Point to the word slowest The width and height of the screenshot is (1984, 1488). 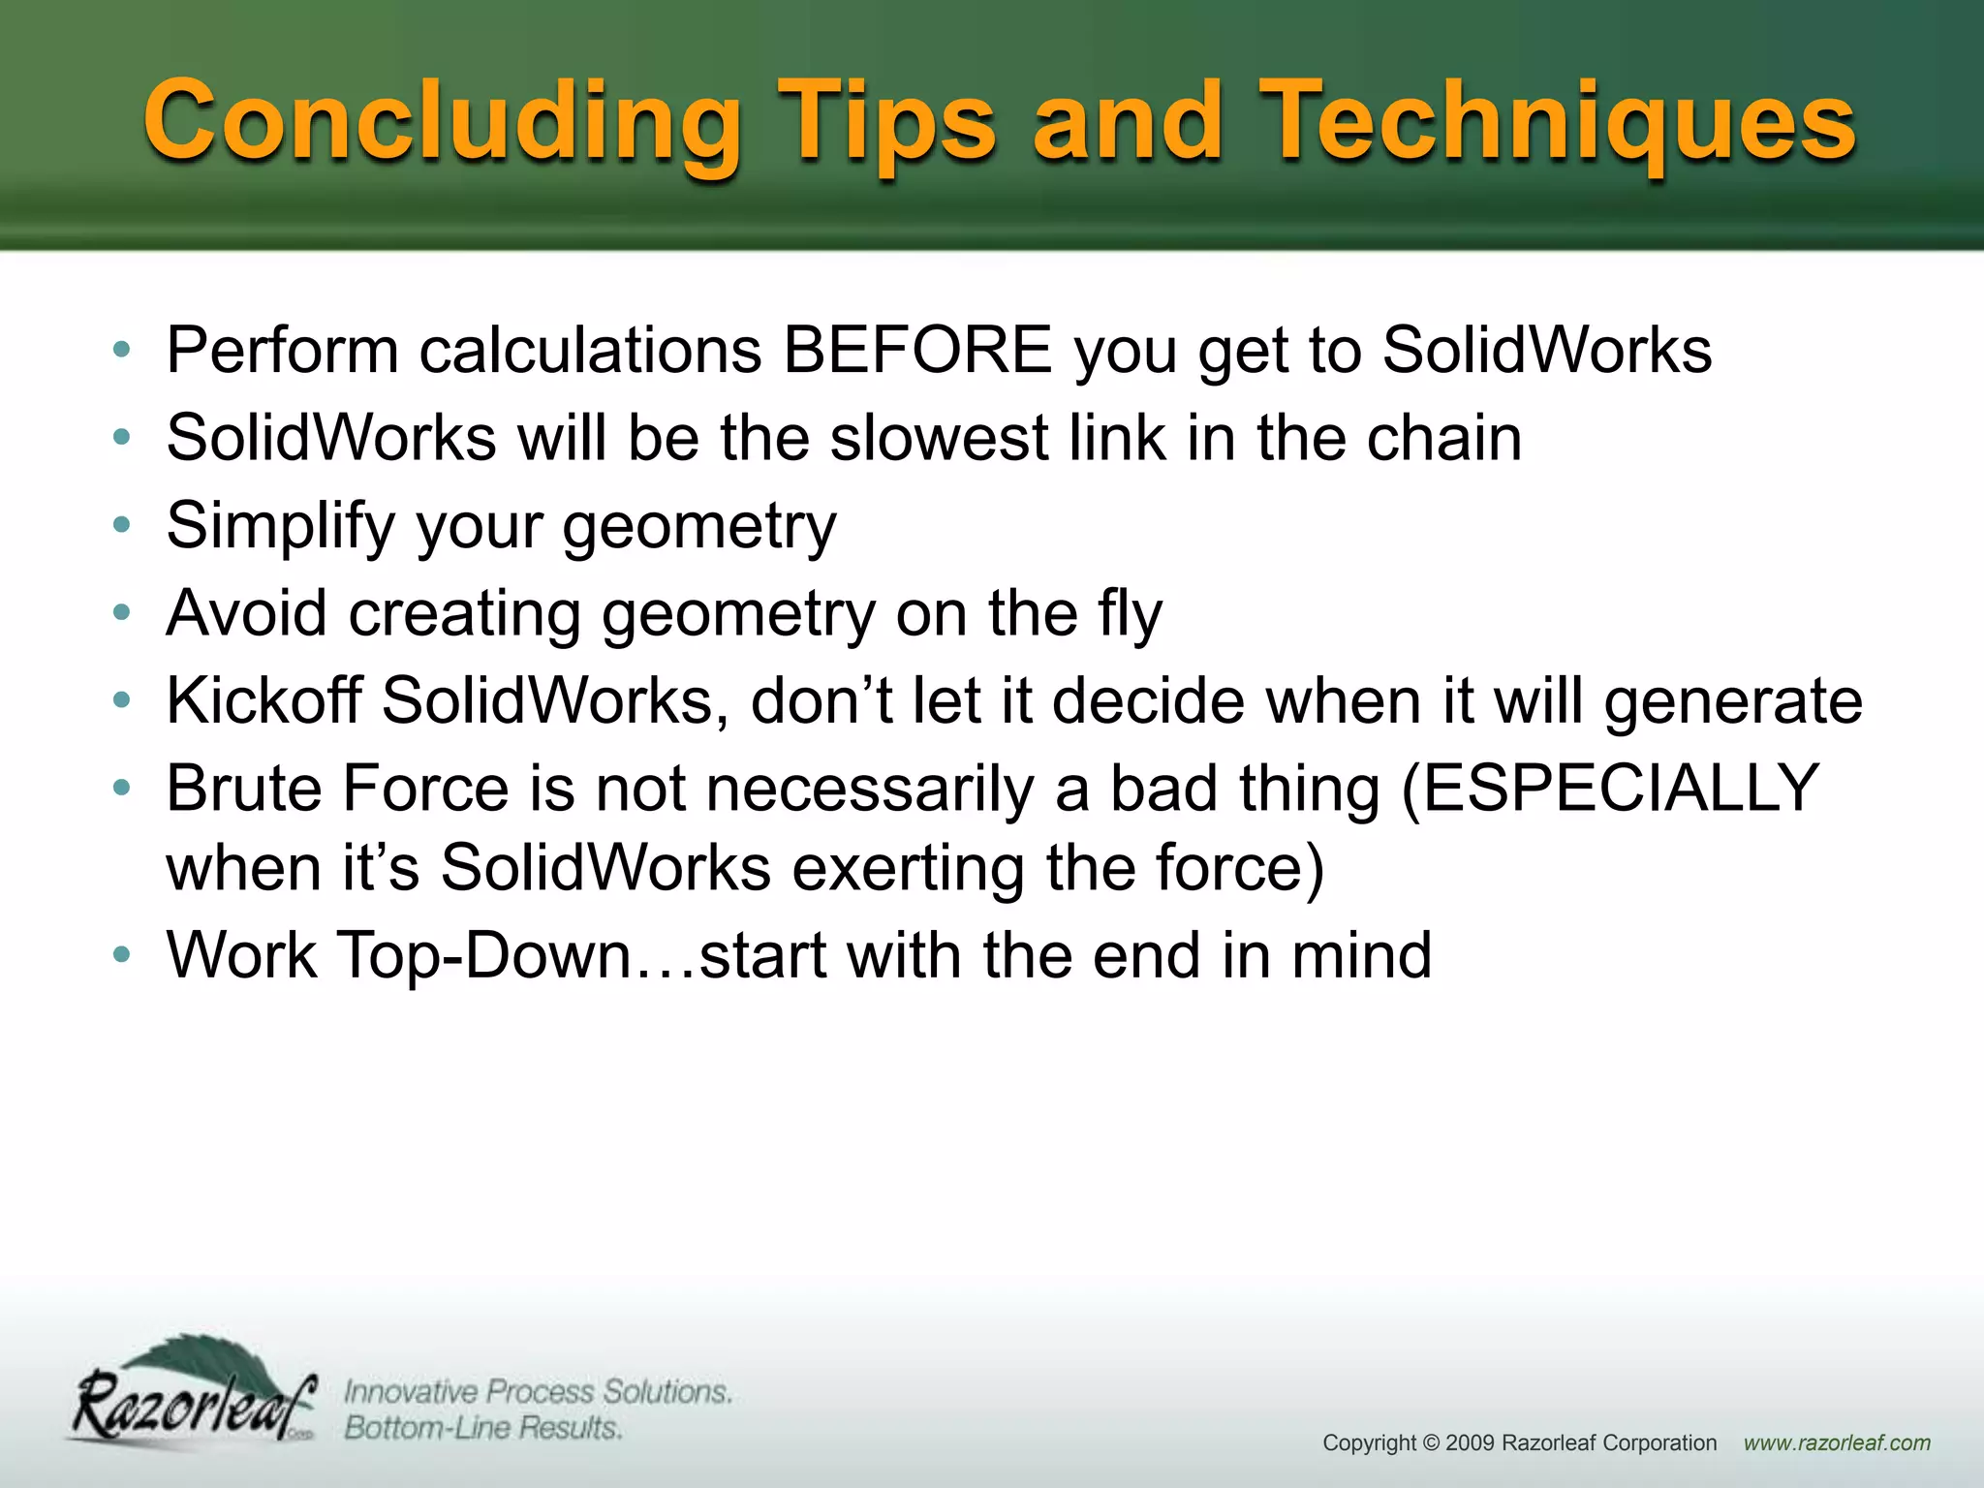point(939,438)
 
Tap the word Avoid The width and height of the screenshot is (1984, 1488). point(247,613)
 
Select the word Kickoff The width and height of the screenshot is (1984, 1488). point(263,700)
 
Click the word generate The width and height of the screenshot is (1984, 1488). point(1733,702)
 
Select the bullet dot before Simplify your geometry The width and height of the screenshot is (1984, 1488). point(121,526)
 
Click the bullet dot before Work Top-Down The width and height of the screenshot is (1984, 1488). point(121,955)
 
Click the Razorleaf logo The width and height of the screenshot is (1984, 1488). point(194,1395)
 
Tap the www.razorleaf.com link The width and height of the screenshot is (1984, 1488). point(1837,1443)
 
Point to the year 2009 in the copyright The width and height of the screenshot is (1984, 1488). point(1470,1443)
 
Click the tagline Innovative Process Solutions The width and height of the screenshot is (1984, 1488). point(538,1392)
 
